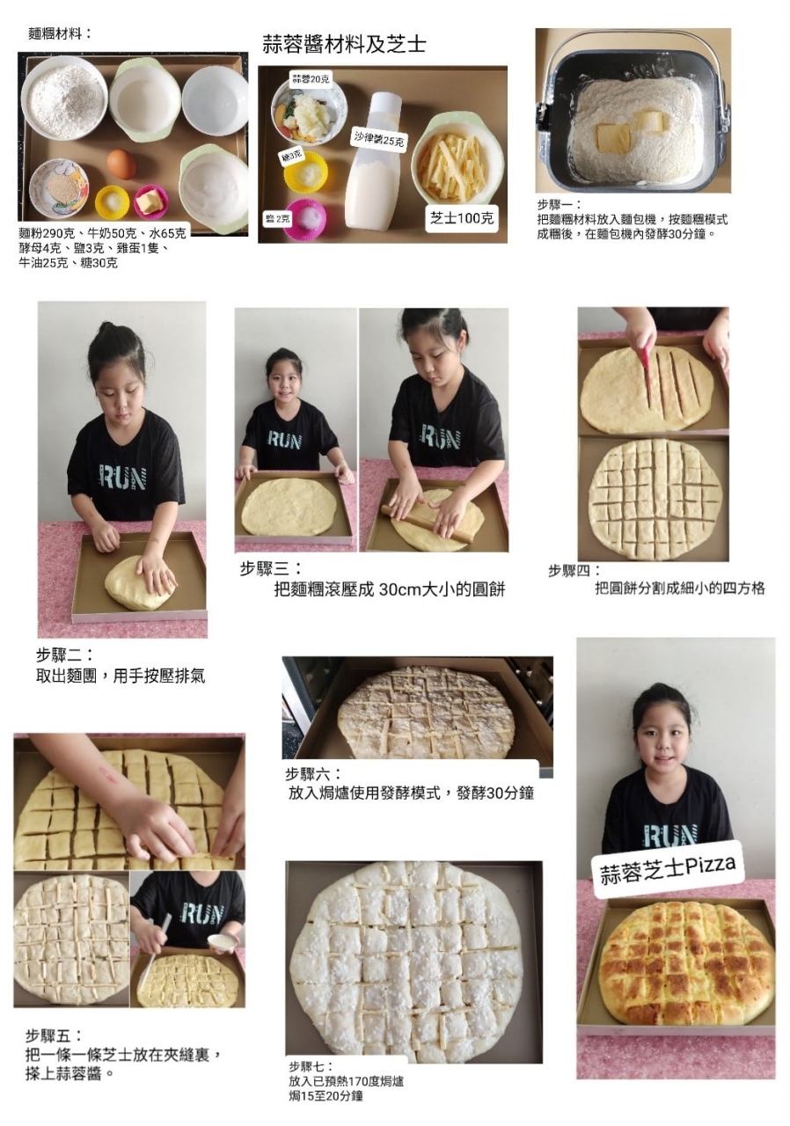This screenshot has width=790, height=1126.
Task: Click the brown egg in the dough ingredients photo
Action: (121, 164)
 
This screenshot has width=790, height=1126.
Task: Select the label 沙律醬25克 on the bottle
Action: (377, 138)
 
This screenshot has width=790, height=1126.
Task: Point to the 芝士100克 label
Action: (461, 218)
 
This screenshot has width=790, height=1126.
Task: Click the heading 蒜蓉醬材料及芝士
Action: (344, 44)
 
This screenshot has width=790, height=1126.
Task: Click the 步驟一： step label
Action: (559, 205)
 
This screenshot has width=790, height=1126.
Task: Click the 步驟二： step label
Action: (65, 654)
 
